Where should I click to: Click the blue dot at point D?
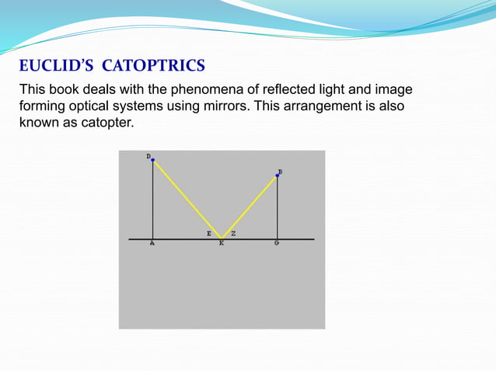coord(153,161)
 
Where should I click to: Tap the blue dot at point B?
coord(278,175)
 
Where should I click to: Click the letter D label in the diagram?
coord(148,156)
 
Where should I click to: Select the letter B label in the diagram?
coord(280,171)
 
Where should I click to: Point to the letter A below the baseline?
coord(152,244)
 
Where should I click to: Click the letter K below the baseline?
coord(222,244)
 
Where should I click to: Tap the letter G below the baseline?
coord(277,244)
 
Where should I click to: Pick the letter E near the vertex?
coord(208,233)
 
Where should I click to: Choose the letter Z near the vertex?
coord(233,233)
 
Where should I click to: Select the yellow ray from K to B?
coord(250,206)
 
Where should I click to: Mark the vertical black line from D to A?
coord(153,202)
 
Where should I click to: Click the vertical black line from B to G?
coord(278,210)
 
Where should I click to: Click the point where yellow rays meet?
coord(222,238)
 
